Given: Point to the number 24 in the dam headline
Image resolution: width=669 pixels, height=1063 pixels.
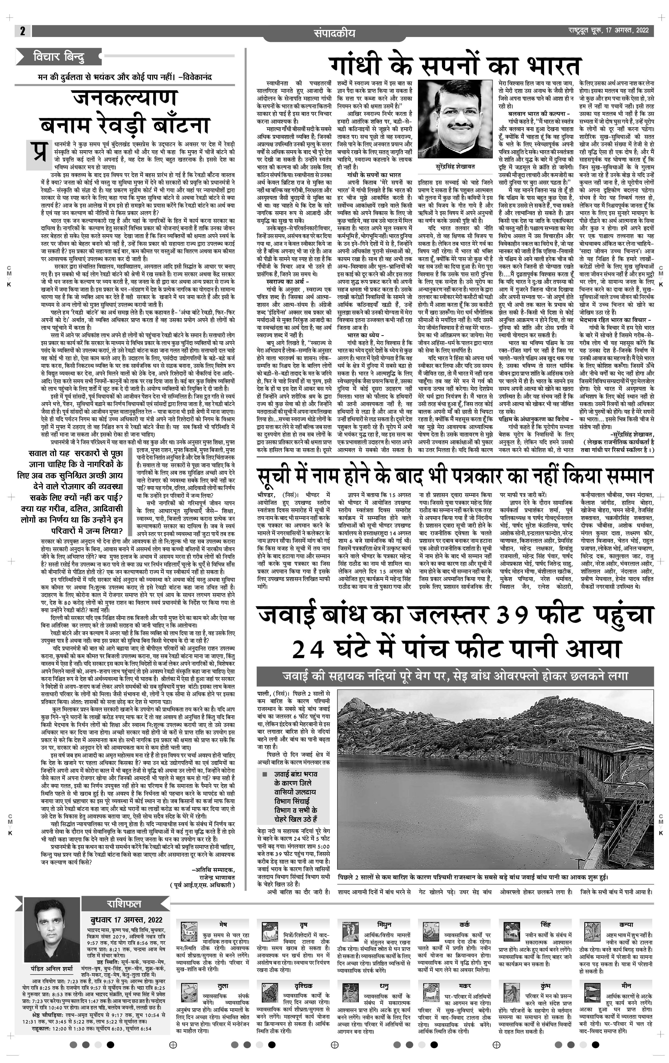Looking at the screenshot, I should pos(309,649).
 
